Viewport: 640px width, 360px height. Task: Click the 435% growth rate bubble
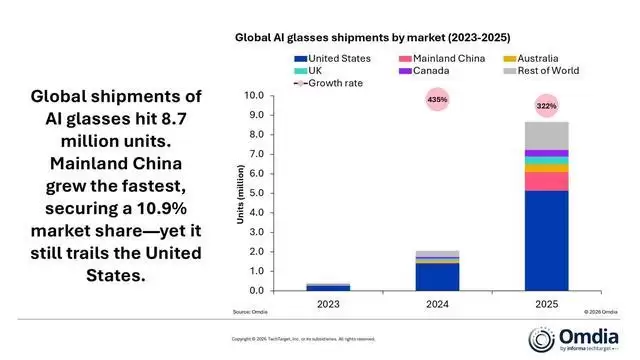[437, 100]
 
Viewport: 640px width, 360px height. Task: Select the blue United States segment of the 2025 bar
[546, 240]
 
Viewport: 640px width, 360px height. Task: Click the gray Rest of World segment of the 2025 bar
[546, 136]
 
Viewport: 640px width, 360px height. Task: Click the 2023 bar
[328, 287]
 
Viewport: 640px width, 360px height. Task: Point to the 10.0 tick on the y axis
[253, 96]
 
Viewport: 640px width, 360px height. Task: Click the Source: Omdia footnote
[250, 312]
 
